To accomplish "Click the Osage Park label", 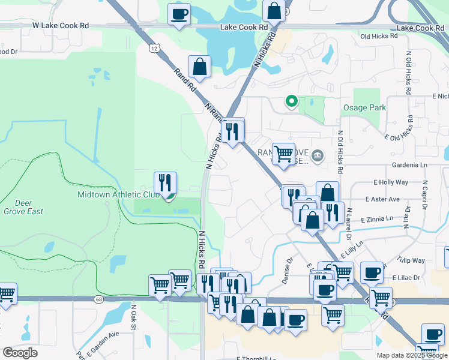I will click(x=364, y=108).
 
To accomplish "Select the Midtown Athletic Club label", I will click(x=118, y=194).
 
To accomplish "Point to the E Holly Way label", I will click(x=391, y=182).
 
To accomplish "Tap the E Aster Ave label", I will click(x=382, y=199).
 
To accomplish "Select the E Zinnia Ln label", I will click(x=377, y=219).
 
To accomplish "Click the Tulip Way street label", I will click(x=410, y=260).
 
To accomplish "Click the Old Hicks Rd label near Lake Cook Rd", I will click(x=379, y=37).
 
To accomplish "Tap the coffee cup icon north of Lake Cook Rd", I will click(x=178, y=14).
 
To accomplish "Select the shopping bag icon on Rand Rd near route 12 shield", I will click(x=199, y=67).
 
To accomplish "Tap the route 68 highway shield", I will click(x=98, y=299).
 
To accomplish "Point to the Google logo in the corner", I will click(x=20, y=353).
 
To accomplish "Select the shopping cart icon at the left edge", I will click(x=6, y=294).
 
